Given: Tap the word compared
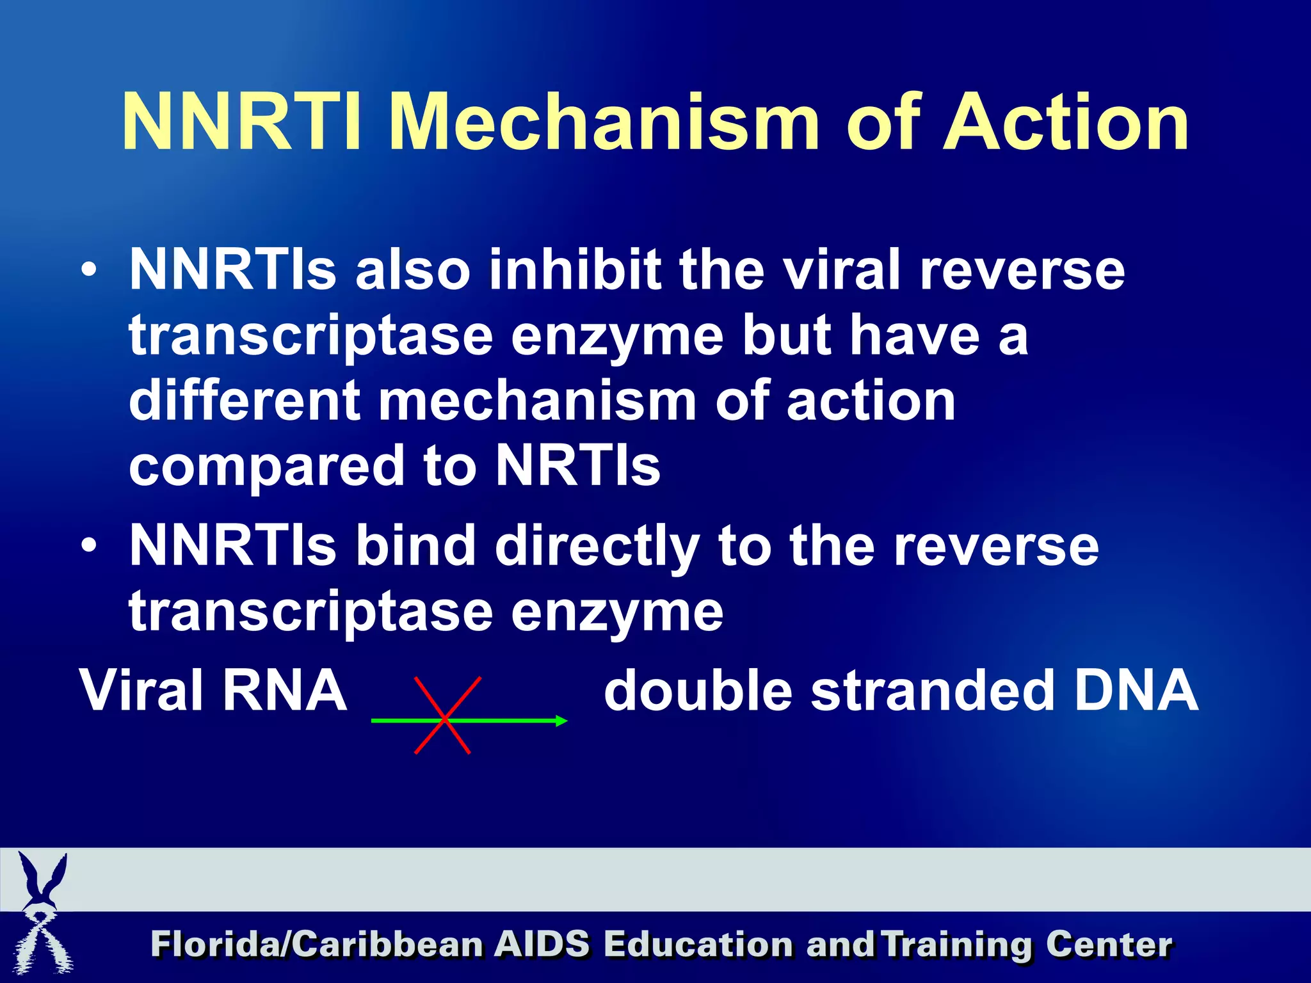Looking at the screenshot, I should [266, 467].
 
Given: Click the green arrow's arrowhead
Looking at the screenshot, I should [561, 721].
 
